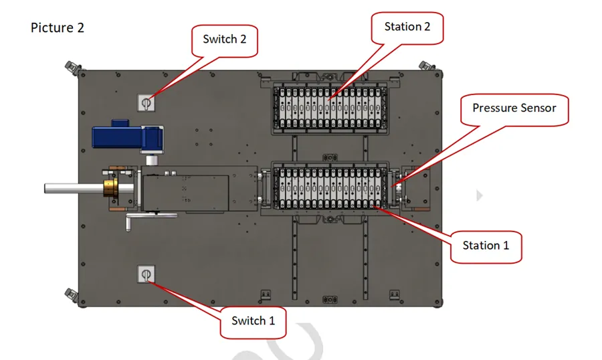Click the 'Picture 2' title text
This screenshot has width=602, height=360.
pyautogui.click(x=58, y=28)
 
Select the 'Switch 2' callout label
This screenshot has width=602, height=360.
pyautogui.click(x=225, y=39)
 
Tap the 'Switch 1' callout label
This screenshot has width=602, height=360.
pyautogui.click(x=253, y=321)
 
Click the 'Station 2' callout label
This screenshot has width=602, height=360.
pyautogui.click(x=407, y=27)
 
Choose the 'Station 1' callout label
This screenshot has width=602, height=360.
pyautogui.click(x=486, y=246)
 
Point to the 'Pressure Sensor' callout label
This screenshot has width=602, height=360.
pyautogui.click(x=514, y=108)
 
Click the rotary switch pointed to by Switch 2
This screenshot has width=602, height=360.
pyautogui.click(x=146, y=102)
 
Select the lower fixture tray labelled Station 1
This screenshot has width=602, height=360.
pyautogui.click(x=330, y=189)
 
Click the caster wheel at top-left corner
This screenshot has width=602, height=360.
pyautogui.click(x=71, y=67)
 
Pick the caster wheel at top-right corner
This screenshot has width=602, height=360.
pyautogui.click(x=424, y=65)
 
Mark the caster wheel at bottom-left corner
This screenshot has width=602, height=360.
pyautogui.click(x=71, y=295)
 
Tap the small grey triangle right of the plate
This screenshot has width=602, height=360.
pyautogui.click(x=478, y=195)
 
